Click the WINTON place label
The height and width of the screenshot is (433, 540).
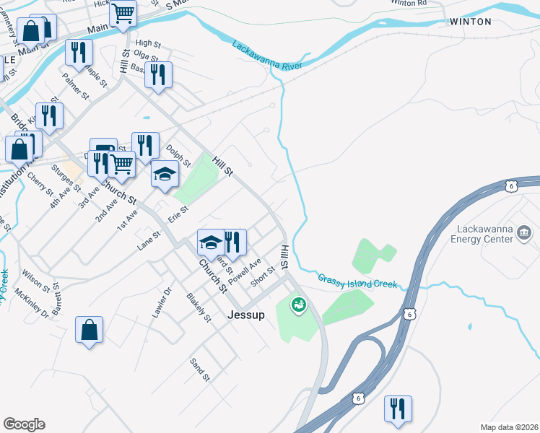pyautogui.click(x=470, y=22)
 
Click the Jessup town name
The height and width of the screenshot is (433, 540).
pyautogui.click(x=246, y=315)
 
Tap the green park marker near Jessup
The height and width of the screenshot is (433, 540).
pyautogui.click(x=297, y=305)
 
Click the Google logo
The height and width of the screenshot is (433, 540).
pyautogui.click(x=24, y=424)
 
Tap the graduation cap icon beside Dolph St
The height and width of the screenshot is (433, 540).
pyautogui.click(x=165, y=174)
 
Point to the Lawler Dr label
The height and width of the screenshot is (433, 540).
pyautogui.click(x=162, y=302)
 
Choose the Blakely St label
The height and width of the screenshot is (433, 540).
pyautogui.click(x=198, y=307)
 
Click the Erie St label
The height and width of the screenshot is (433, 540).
pyautogui.click(x=178, y=214)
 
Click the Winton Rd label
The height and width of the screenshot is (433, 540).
pyautogui.click(x=409, y=3)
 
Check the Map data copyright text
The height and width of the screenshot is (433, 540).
pyautogui.click(x=509, y=427)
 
